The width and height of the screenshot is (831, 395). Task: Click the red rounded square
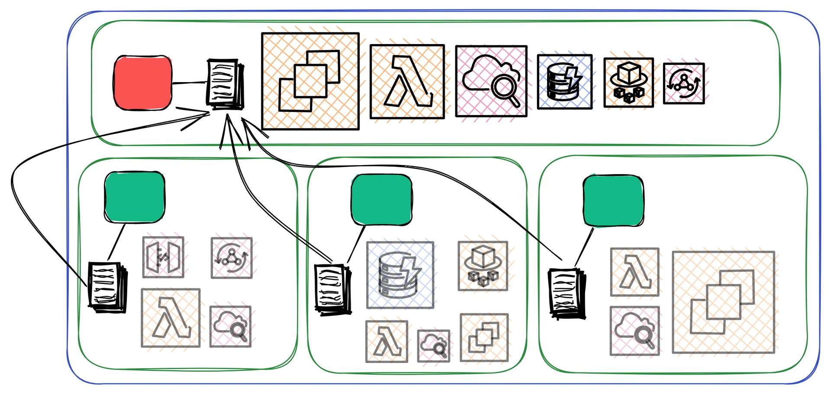[143, 82]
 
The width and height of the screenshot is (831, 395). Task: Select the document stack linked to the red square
[225, 84]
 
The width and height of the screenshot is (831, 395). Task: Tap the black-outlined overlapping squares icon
[310, 81]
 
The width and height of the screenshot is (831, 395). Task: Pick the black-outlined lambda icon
[407, 82]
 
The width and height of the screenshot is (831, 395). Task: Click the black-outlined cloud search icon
[491, 81]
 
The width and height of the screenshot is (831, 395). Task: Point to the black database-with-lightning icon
[564, 82]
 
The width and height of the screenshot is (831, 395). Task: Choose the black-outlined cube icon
[628, 83]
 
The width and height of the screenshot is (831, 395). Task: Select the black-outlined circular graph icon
[683, 83]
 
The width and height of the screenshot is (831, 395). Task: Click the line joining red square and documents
[190, 82]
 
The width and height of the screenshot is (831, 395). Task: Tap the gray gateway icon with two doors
[163, 257]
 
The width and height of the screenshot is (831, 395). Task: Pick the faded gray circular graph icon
[232, 258]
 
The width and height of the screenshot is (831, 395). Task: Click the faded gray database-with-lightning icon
[400, 275]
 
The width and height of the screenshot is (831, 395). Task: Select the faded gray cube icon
[483, 266]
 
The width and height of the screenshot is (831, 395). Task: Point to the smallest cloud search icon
[434, 346]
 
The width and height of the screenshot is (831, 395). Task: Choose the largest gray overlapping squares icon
[723, 302]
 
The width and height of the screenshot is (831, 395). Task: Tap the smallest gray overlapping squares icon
[484, 338]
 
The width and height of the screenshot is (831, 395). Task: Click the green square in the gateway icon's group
[135, 197]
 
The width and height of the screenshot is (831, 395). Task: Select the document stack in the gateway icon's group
[108, 286]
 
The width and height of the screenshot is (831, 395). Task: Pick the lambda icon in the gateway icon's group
[171, 318]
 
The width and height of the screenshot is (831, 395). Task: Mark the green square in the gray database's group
[381, 200]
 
